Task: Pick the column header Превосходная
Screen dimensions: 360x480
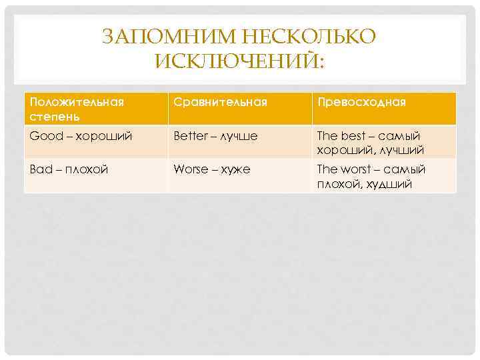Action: click(x=361, y=103)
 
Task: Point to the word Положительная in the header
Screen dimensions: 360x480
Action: click(x=77, y=103)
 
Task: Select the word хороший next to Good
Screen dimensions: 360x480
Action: click(x=103, y=136)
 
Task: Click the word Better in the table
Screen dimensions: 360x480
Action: click(x=189, y=136)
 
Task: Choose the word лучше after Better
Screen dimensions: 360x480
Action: click(x=237, y=136)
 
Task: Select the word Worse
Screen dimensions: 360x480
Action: click(x=191, y=169)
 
